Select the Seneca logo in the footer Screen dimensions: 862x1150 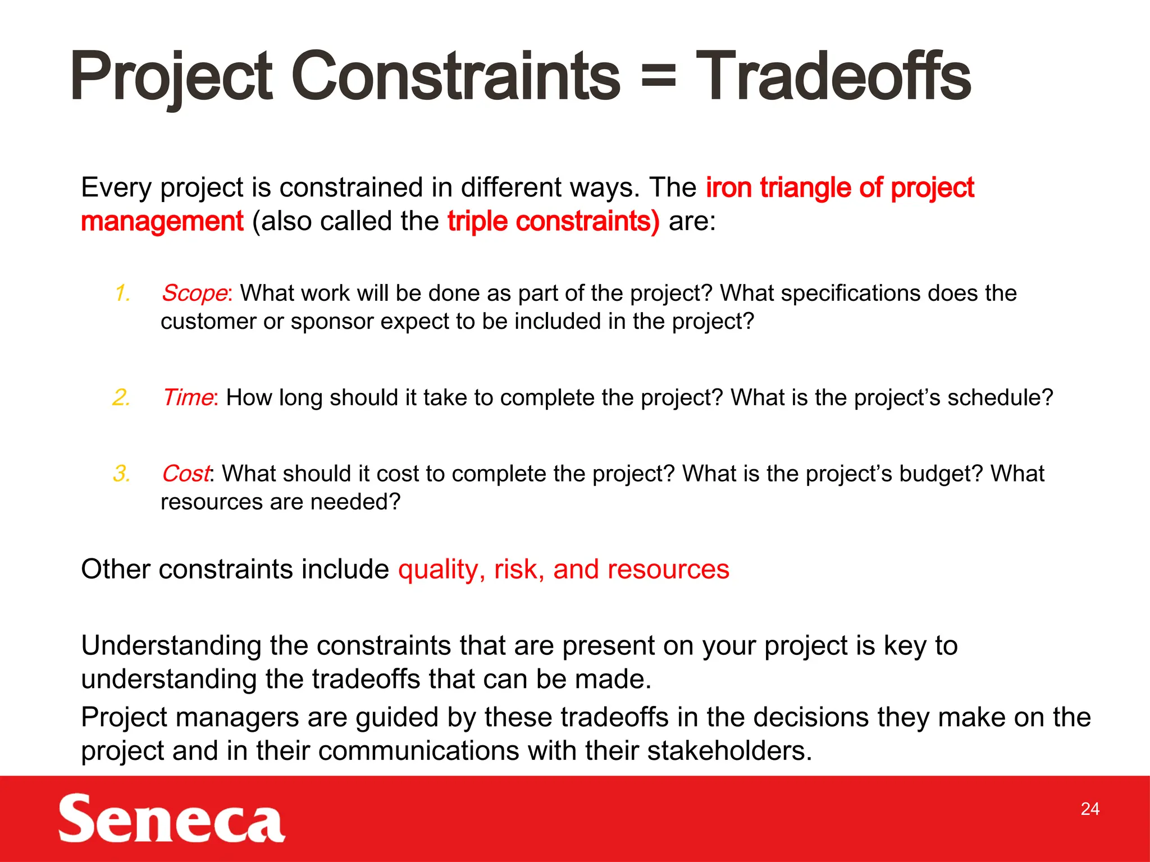pyautogui.click(x=171, y=818)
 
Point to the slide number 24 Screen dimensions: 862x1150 pyautogui.click(x=1089, y=809)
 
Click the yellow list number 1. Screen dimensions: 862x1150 pyautogui.click(x=122, y=294)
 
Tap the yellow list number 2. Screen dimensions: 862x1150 pyautogui.click(x=121, y=397)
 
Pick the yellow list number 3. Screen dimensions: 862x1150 pyautogui.click(x=121, y=474)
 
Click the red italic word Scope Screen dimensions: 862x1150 pyautogui.click(x=194, y=294)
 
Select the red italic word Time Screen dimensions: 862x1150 pyautogui.click(x=188, y=397)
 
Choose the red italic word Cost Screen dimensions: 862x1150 pyautogui.click(x=186, y=474)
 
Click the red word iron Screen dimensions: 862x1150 pyautogui.click(x=728, y=187)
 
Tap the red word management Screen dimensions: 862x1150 pyautogui.click(x=162, y=221)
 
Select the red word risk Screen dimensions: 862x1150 pyautogui.click(x=518, y=570)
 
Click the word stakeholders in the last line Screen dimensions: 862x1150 pyautogui.click(x=728, y=751)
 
